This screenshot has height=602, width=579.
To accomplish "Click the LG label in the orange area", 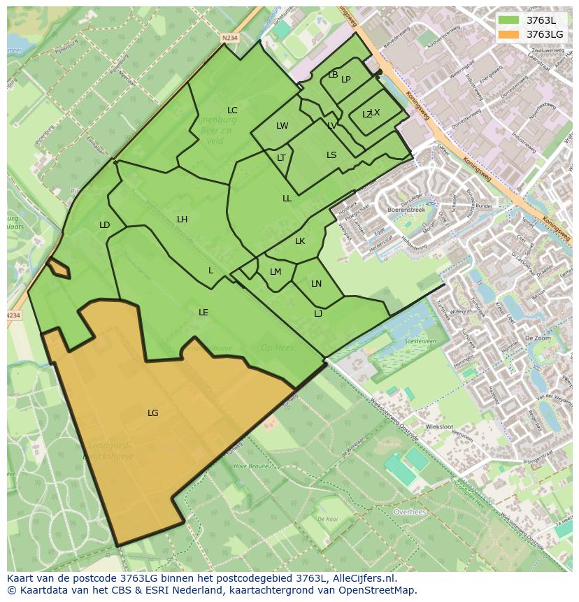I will tap(152, 413).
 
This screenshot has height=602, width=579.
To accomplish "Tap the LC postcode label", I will tap(232, 110).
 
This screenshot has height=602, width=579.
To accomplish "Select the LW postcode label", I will tap(282, 127).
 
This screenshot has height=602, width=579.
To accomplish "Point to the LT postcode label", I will tap(281, 158).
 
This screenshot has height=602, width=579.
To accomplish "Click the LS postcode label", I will tap(331, 155).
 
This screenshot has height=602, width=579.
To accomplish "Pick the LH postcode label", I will tap(182, 220).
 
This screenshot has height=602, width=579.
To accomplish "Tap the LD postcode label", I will tap(104, 225).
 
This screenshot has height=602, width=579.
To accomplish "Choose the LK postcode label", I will tap(300, 241).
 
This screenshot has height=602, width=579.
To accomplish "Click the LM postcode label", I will tap(276, 272).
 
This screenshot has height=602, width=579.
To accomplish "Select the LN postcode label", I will tap(316, 284).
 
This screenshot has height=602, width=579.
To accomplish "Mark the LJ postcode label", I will tap(318, 314).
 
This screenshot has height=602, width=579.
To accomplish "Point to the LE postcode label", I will tap(203, 313).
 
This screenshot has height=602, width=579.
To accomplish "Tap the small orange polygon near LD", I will tap(58, 268).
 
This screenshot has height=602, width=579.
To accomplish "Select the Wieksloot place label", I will tap(439, 427).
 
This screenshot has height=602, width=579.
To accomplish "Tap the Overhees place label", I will tap(410, 512).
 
